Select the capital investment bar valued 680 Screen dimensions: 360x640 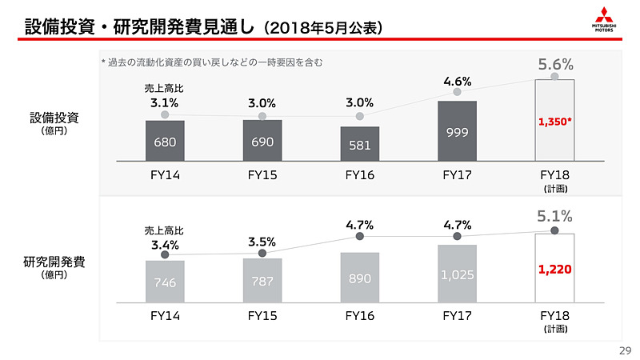165,142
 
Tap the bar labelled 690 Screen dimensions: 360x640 262,142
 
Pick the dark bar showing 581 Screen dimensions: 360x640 360,145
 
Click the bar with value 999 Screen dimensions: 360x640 458,131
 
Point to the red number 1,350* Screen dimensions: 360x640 555,122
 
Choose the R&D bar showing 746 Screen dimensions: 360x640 165,282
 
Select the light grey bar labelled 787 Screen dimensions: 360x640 262,281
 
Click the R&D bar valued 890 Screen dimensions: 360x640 360,278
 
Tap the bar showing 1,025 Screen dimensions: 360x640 458,274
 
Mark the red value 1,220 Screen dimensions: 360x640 555,269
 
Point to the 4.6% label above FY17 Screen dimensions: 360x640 458,81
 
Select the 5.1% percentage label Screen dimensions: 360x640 555,216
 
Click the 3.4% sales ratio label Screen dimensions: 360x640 165,245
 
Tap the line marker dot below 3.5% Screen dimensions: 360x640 262,254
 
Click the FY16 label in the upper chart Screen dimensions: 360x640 360,175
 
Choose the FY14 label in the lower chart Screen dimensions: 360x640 165,315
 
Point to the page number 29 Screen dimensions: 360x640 626,350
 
